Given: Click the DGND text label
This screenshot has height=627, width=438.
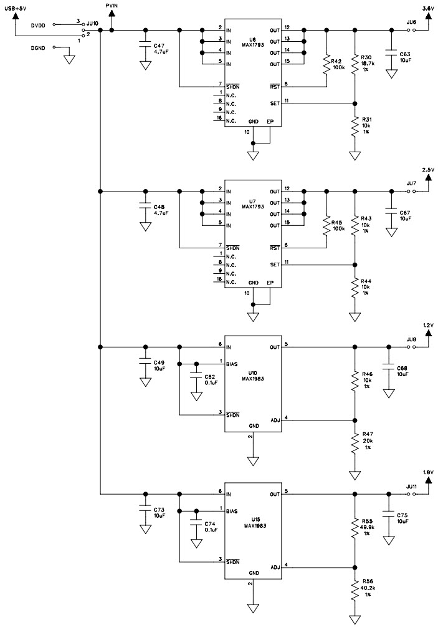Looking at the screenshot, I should (x=38, y=47).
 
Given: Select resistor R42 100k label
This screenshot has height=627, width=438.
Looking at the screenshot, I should (x=339, y=64).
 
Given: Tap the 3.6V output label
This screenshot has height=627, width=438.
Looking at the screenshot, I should (x=428, y=8).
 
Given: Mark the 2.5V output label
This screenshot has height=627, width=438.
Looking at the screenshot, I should (x=428, y=170).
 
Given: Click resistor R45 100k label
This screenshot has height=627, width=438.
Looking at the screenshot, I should (x=338, y=226).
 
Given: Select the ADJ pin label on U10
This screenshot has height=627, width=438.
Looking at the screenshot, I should (x=275, y=420).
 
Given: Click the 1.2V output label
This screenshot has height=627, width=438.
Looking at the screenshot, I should (x=428, y=326).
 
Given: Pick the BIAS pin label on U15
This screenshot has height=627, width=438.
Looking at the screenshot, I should (x=232, y=510).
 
